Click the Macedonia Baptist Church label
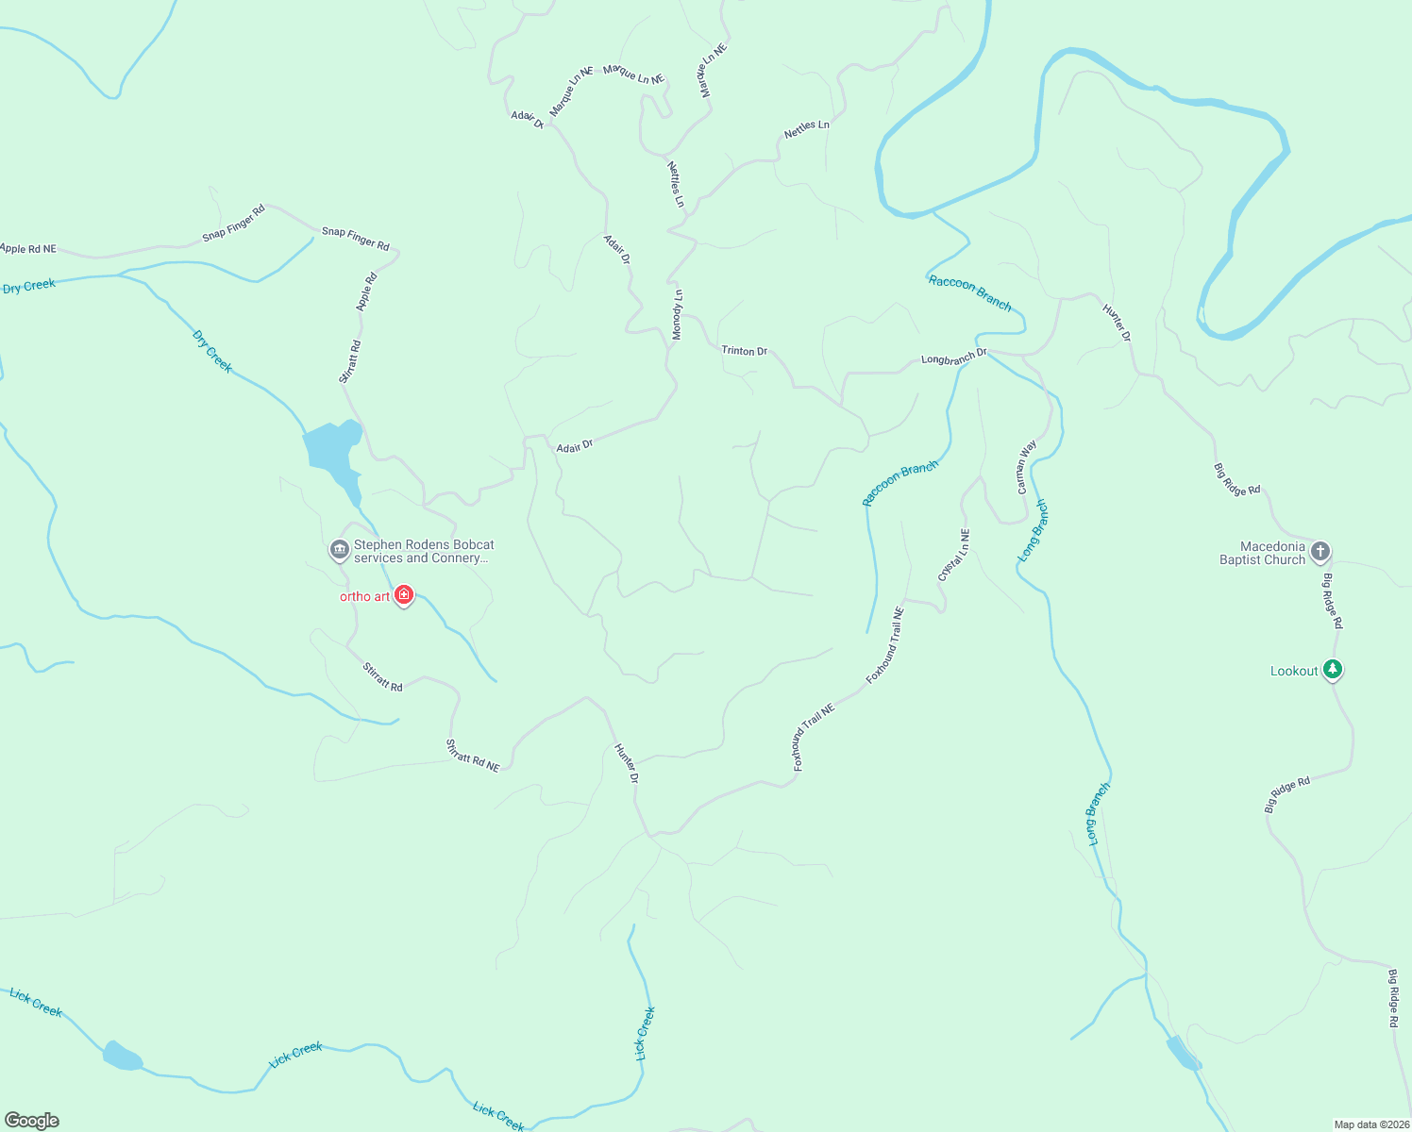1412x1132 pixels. [1262, 553]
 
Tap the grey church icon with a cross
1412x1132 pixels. [1320, 551]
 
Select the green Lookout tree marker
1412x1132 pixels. [1332, 670]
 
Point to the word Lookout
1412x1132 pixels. [1293, 672]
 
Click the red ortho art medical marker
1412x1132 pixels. [404, 594]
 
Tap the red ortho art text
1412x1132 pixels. [364, 596]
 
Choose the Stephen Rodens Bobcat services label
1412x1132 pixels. [423, 551]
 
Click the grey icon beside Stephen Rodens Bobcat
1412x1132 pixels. [339, 549]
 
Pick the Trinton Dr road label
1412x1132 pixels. [744, 351]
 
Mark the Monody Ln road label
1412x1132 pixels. [677, 315]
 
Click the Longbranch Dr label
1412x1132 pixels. [953, 358]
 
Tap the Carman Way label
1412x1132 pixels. [1026, 467]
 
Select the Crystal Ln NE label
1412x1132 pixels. [953, 555]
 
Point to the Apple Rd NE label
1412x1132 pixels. [28, 249]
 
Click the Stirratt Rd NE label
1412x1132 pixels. [472, 757]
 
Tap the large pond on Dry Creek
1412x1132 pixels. [332, 448]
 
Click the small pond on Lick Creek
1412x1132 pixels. [122, 1056]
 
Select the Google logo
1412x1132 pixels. [32, 1121]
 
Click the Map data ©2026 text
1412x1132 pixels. [1370, 1124]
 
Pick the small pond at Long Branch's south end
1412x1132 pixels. [1182, 1053]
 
